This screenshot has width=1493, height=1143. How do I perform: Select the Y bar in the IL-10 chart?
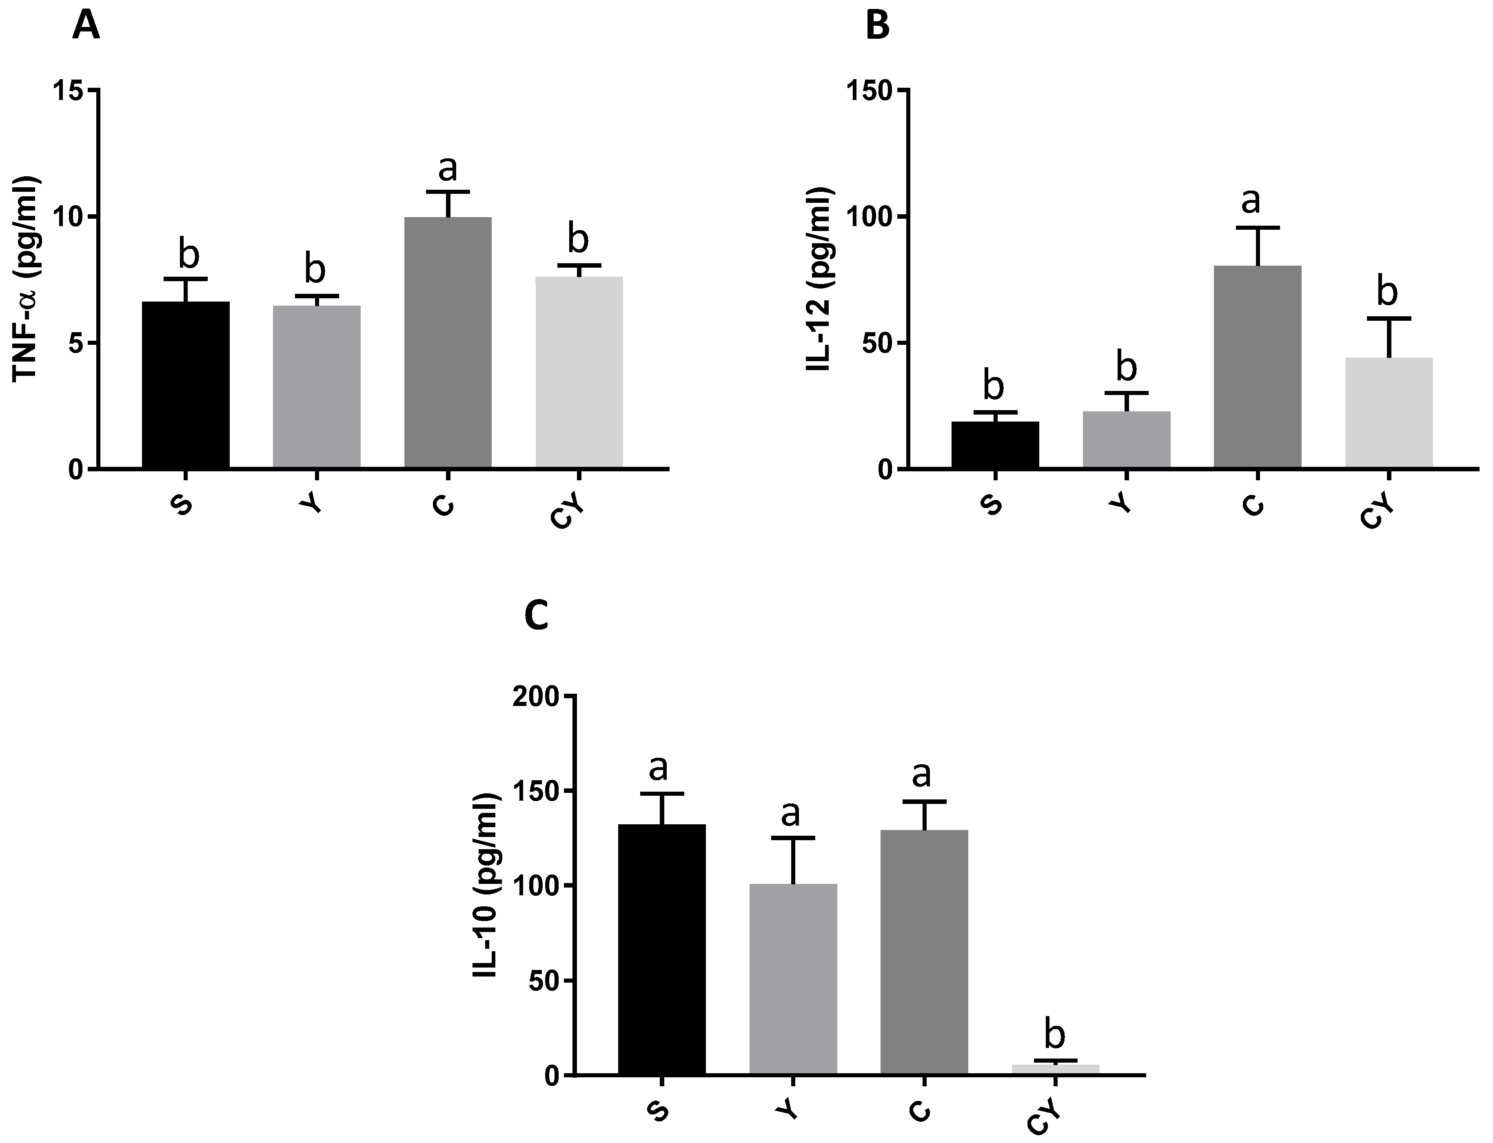793,980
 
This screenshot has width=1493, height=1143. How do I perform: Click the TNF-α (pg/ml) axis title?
26,279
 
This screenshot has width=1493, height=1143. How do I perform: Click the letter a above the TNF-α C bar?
448,167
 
